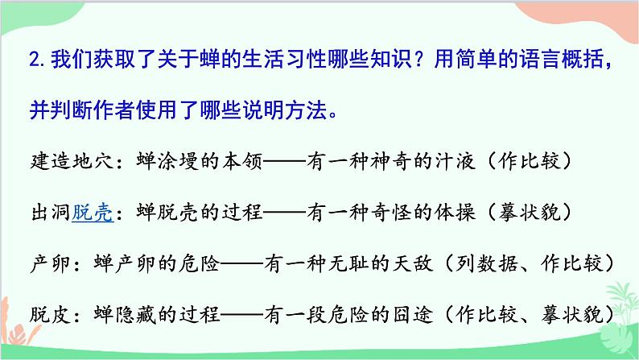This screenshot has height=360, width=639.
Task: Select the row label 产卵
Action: click(x=43, y=263)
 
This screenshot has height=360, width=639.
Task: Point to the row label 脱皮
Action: click(x=43, y=312)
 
